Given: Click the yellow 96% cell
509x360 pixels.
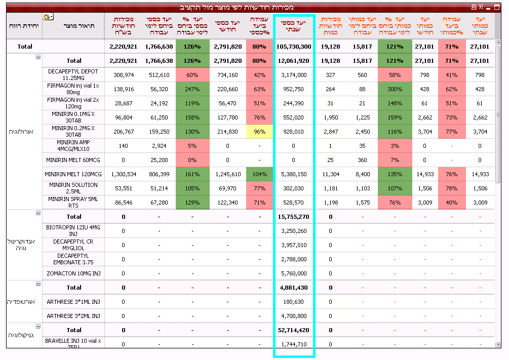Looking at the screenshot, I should (x=259, y=132).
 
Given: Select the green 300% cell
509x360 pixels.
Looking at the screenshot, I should (x=394, y=89).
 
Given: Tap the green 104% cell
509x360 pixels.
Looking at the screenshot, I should (x=259, y=174).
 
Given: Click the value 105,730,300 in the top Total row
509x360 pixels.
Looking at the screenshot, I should (x=294, y=47).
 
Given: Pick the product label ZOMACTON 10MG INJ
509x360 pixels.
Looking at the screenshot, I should (x=73, y=273).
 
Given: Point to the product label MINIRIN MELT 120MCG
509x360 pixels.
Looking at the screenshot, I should (x=73, y=174).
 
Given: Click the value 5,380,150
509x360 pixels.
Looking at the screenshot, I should (x=294, y=174).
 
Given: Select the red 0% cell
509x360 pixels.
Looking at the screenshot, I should (x=192, y=160).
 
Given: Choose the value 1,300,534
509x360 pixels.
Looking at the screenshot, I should (x=123, y=174).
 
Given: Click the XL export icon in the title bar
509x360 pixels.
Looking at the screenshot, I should (x=481, y=7).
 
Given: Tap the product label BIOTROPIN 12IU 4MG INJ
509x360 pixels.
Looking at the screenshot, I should (x=73, y=231).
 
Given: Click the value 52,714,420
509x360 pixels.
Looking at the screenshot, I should (x=294, y=330).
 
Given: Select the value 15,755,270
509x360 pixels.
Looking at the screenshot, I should (x=294, y=217).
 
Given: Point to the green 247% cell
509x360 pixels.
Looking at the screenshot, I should (x=192, y=89).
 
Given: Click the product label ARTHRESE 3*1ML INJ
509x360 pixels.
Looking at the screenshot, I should (x=73, y=302).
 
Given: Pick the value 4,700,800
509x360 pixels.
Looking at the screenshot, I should (x=294, y=316).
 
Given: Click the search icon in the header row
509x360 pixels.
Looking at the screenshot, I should (x=48, y=17).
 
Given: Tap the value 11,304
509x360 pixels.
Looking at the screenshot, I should (x=330, y=174).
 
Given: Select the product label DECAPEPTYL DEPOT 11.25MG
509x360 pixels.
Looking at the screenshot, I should (x=73, y=75).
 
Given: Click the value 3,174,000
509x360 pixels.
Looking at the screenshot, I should (x=294, y=75).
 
